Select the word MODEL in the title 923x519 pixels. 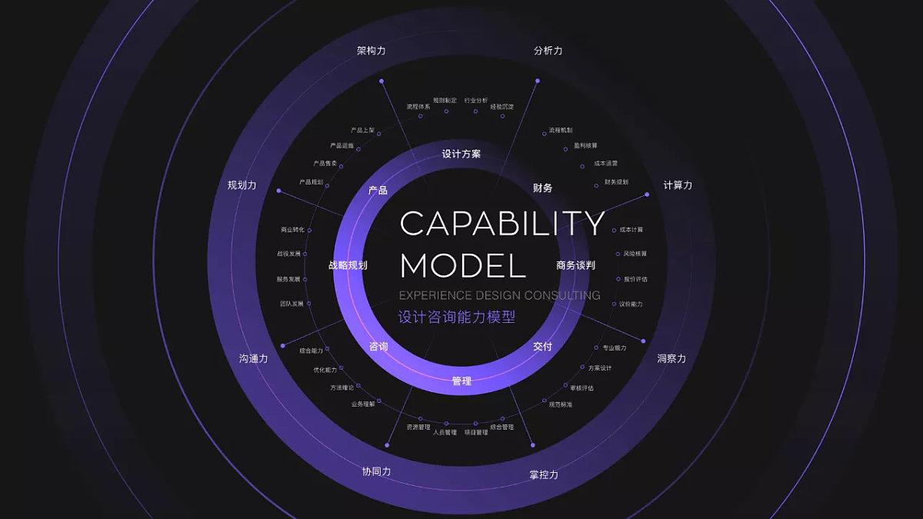tap(463, 265)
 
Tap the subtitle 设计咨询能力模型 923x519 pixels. tap(457, 316)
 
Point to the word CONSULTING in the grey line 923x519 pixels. tap(561, 295)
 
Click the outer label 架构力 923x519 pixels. tap(372, 51)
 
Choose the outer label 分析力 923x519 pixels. tap(548, 51)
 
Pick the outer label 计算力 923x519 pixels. tap(678, 185)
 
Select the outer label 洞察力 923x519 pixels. tap(671, 358)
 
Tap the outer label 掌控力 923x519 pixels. tap(544, 474)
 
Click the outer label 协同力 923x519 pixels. tap(377, 471)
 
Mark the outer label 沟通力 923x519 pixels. tap(254, 358)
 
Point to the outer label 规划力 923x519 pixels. tap(242, 185)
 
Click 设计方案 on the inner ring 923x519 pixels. tap(461, 154)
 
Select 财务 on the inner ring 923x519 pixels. tap(543, 188)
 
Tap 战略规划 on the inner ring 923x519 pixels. tap(348, 265)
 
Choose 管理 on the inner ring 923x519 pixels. tap(461, 381)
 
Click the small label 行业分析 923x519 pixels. tap(476, 101)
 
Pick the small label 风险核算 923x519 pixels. tap(635, 254)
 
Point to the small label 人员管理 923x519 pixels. tap(445, 432)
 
